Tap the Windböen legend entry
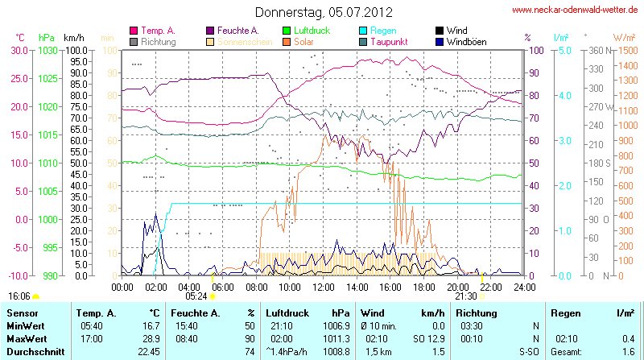click(465, 41)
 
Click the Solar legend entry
click(304, 41)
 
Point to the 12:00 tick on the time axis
click(323, 287)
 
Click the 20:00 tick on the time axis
click(457, 287)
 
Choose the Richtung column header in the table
click(476, 312)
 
